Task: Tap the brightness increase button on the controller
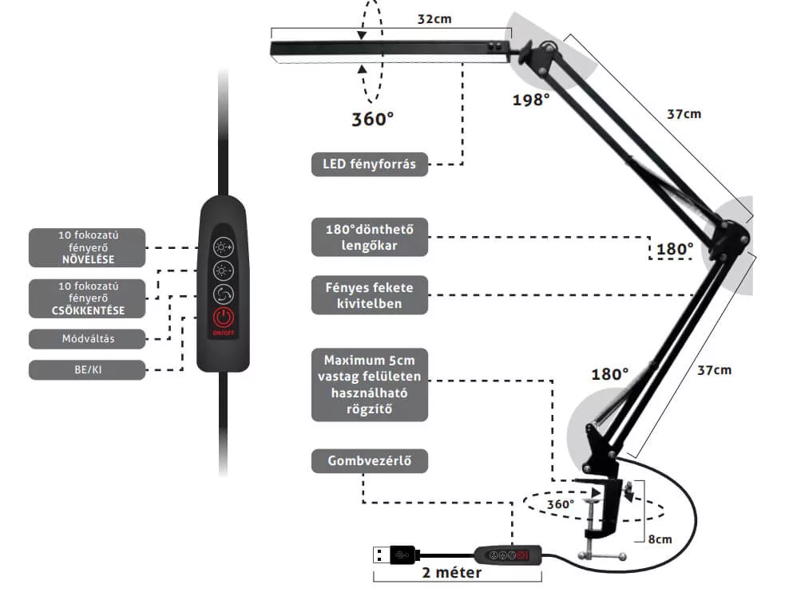224,247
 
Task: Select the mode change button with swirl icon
224,294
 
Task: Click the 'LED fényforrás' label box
370,164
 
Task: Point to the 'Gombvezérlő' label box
370,460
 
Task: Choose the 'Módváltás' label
88,338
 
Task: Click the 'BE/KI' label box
88,369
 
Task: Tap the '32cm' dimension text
434,19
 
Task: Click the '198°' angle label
531,100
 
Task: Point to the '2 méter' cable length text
451,573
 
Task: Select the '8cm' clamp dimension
660,539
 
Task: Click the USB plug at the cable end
394,555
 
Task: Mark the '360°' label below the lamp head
372,119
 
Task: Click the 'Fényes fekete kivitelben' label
370,295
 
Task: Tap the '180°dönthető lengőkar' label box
370,237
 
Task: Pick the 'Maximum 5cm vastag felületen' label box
370,385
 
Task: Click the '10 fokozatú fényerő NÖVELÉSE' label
88,247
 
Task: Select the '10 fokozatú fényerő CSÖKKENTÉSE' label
88,298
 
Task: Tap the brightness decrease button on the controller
224,270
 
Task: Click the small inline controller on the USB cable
508,555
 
